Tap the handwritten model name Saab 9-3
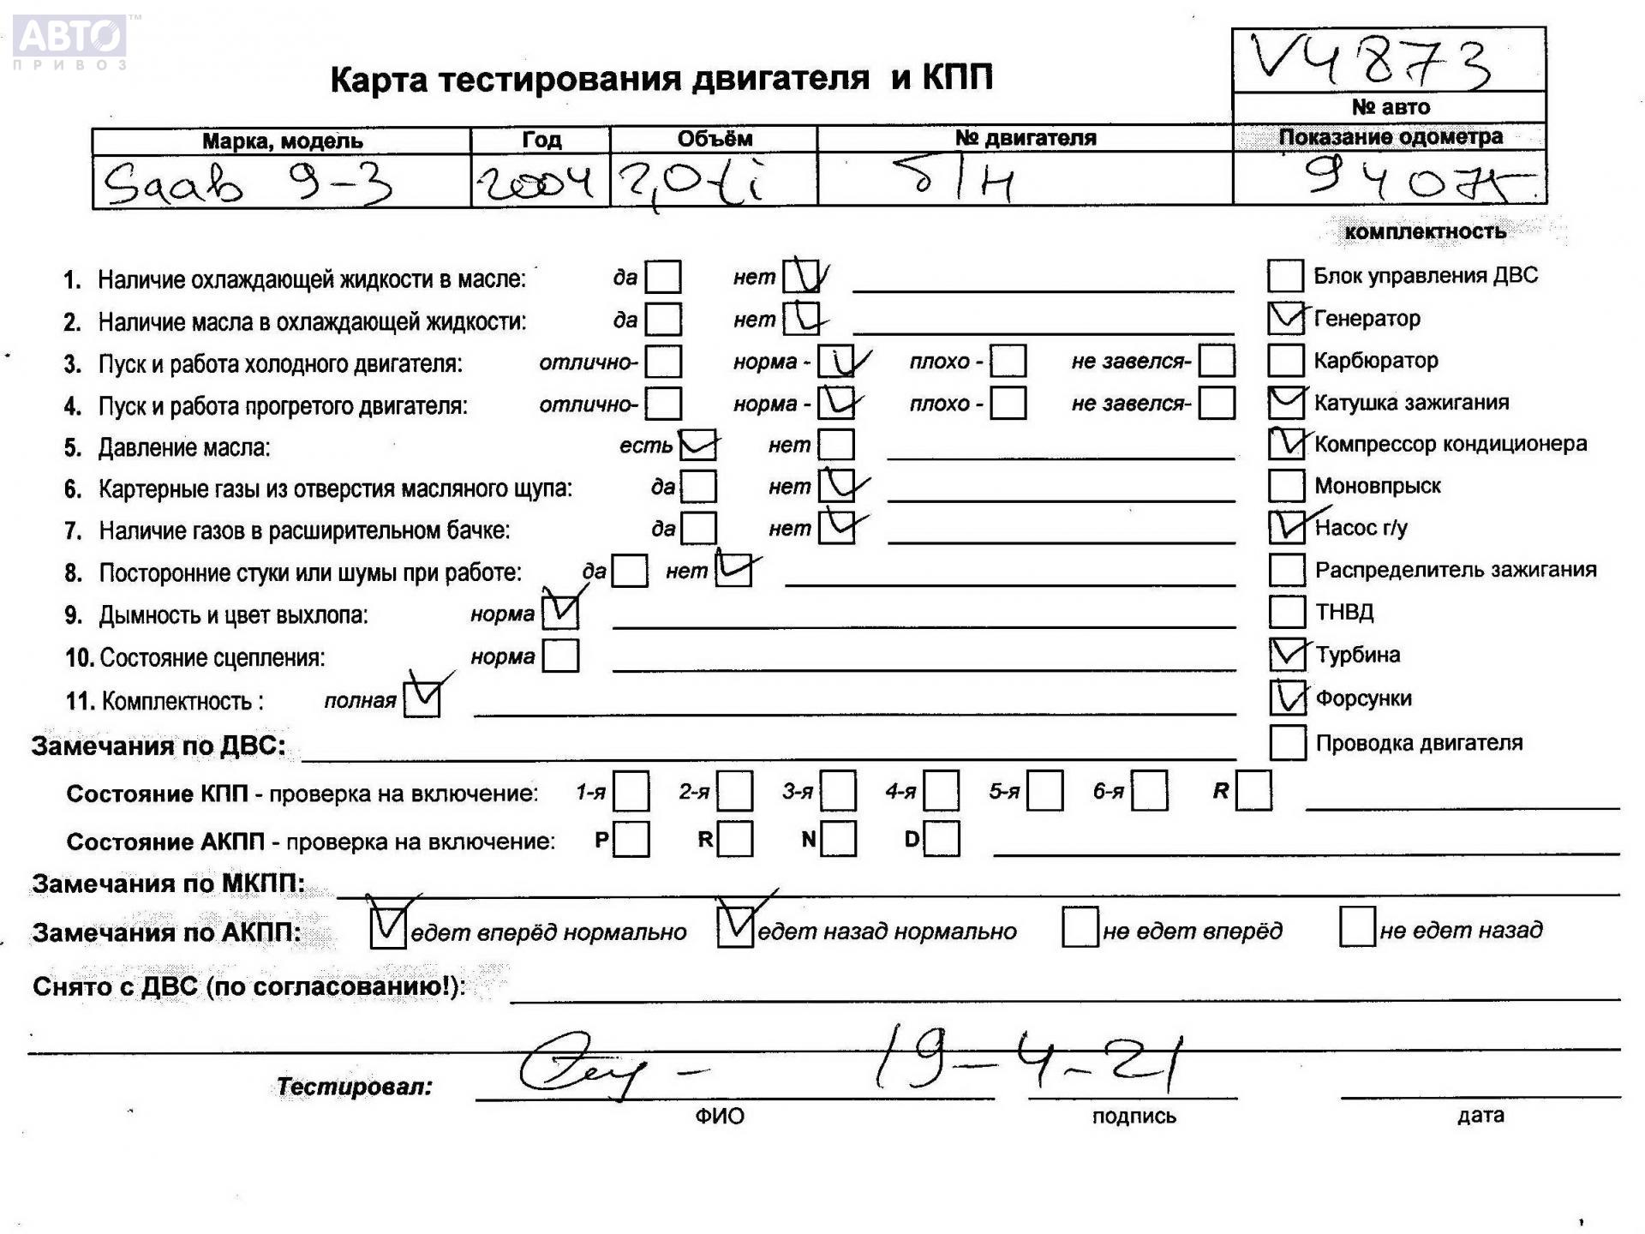pos(247,183)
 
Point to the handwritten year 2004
pos(535,182)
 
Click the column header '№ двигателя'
pos(1025,138)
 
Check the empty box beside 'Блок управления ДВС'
pos(1285,276)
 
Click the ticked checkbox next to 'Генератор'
pos(1285,318)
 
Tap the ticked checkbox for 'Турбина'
pos(1287,655)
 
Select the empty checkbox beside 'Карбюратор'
pos(1285,360)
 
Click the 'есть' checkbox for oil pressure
pos(697,446)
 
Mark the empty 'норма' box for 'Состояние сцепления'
pos(561,656)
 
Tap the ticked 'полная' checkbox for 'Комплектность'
pos(422,699)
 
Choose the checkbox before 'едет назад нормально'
pos(735,927)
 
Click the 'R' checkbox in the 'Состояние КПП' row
pos(1253,790)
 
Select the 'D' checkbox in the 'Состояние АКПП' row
pos(942,839)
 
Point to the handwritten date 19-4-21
pos(1028,1059)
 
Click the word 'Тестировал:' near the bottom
pos(354,1087)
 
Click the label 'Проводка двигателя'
pos(1419,743)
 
